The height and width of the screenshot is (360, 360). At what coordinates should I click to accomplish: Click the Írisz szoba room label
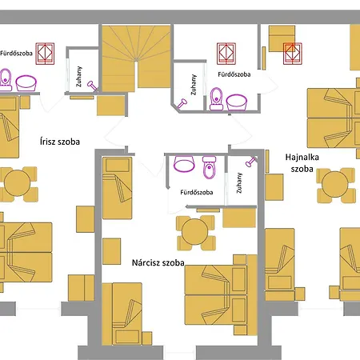(x=60, y=142)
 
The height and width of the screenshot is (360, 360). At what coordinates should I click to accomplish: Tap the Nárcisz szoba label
(x=158, y=262)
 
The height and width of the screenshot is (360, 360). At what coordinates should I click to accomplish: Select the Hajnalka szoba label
(x=302, y=163)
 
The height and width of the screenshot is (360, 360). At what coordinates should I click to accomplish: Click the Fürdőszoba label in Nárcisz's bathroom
(x=197, y=192)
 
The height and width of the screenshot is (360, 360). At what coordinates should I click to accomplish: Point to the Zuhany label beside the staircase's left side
(x=79, y=77)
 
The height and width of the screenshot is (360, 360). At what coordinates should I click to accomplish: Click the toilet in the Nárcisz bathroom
(x=210, y=167)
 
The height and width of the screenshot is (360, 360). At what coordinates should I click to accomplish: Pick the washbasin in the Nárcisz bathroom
(x=184, y=163)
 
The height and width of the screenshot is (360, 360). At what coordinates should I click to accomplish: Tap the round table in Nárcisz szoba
(x=195, y=232)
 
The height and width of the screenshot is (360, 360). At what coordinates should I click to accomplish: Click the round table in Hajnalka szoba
(x=335, y=185)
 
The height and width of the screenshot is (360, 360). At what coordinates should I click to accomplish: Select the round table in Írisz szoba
(x=18, y=183)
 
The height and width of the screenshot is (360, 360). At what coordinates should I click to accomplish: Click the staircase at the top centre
(x=136, y=58)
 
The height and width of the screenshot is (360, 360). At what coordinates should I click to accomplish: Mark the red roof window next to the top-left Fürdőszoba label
(x=45, y=54)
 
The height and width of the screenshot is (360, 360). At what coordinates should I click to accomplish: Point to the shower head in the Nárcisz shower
(x=250, y=162)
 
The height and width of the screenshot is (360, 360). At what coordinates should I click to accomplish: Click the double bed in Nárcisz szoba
(x=216, y=294)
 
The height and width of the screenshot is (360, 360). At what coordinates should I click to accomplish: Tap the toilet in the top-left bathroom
(x=6, y=80)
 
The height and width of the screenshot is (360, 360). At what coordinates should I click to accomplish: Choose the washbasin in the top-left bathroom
(x=26, y=83)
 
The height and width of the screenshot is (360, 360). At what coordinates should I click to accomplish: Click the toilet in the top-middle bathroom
(x=216, y=99)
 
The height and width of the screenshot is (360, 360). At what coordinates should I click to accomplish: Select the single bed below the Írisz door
(x=117, y=188)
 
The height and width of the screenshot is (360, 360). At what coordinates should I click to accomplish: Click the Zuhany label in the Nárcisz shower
(x=239, y=183)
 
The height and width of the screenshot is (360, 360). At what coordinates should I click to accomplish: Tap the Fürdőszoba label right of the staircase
(x=234, y=74)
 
